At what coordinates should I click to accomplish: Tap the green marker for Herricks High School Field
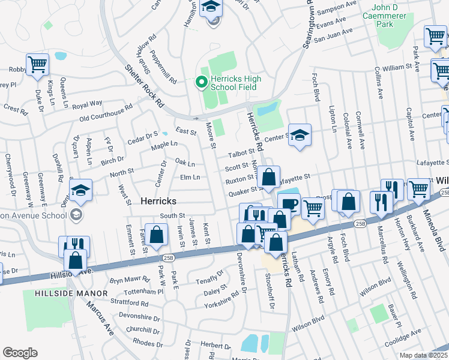202,82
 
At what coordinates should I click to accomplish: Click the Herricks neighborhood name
158,201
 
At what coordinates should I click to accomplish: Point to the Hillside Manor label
71,293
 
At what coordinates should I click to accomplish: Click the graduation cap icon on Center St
300,134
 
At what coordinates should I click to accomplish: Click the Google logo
20,353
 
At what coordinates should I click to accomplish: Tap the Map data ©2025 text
423,355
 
